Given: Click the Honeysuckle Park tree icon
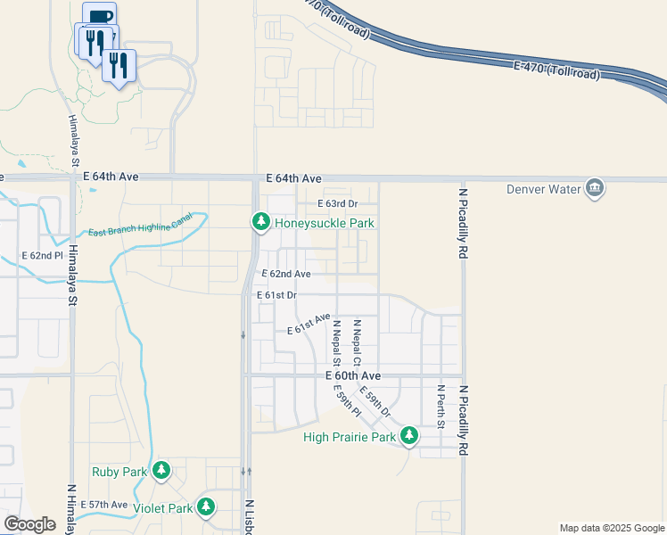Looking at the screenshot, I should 260,221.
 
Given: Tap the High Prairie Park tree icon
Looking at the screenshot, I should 408,435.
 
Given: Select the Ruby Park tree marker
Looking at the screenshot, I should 161,469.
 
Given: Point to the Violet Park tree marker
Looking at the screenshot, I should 206,506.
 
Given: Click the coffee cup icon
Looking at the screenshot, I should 99,17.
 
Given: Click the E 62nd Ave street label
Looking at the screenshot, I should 285,274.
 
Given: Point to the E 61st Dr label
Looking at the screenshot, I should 276,294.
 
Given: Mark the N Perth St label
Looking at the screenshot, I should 441,407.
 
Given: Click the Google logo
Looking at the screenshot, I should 30,524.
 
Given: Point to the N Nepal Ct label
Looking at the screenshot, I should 356,343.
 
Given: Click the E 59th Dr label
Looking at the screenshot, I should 375,401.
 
